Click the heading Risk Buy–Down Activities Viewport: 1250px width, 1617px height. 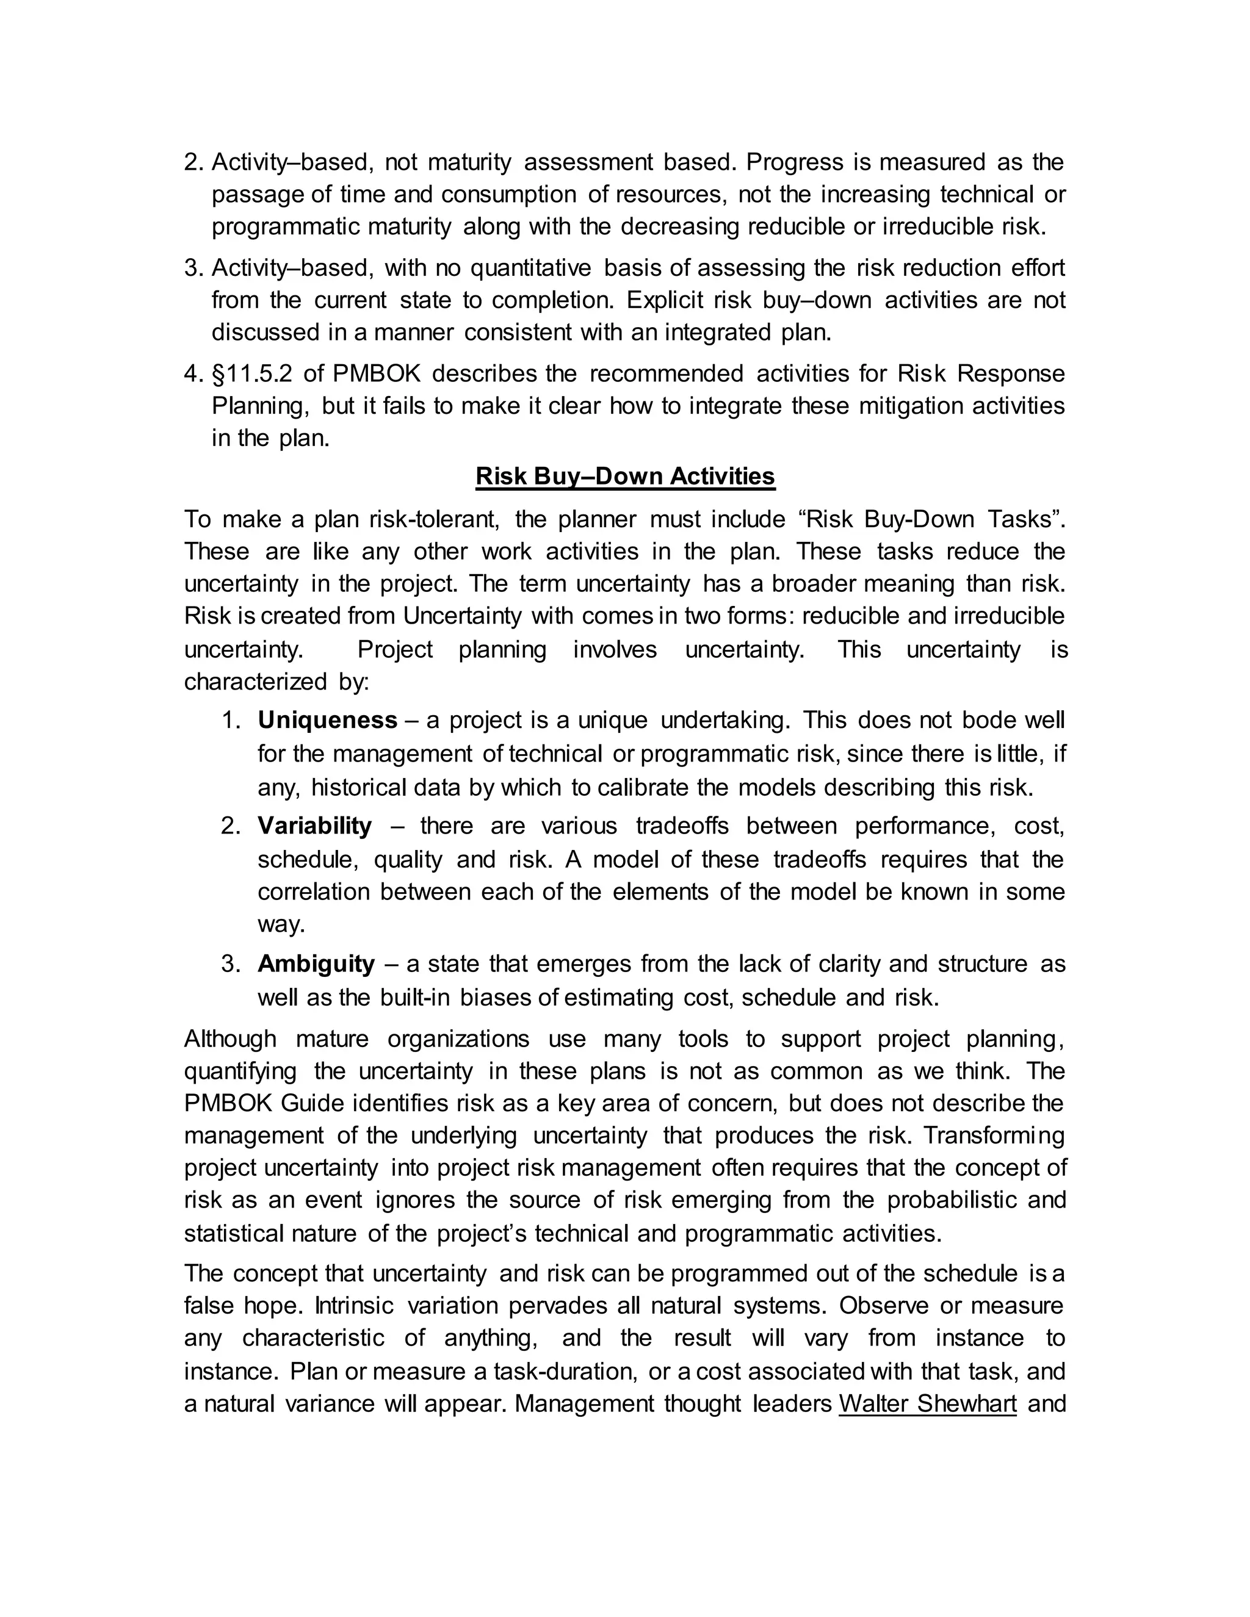[625, 476]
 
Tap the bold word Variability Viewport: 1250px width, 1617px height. [315, 826]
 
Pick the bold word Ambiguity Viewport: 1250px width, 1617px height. [316, 964]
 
